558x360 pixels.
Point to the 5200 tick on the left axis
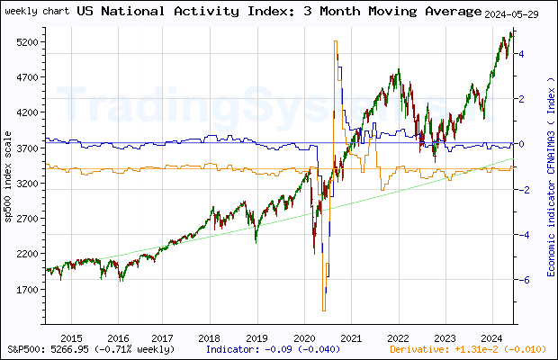click(x=26, y=42)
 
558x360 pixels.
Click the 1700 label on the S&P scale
click(x=26, y=290)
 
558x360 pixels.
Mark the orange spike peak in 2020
click(x=335, y=41)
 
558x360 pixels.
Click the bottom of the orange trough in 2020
click(x=322, y=310)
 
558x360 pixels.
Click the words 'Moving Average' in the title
click(x=423, y=11)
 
